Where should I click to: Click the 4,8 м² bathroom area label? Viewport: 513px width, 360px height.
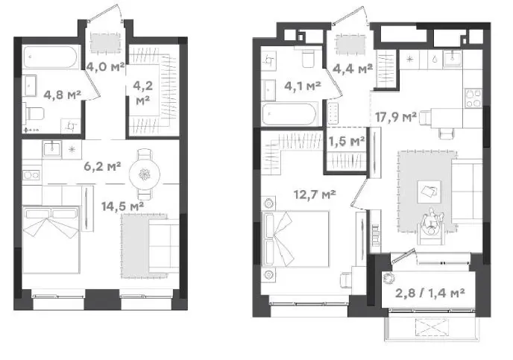pyautogui.click(x=62, y=95)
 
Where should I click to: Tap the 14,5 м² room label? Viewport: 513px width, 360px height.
pyautogui.click(x=123, y=206)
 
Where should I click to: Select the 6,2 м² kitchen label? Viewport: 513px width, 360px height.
pyautogui.click(x=102, y=166)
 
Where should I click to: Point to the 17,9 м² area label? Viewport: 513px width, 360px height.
pyautogui.click(x=395, y=117)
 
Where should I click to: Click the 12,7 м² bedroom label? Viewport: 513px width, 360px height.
pyautogui.click(x=315, y=195)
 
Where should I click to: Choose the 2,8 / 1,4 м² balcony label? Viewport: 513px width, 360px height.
pyautogui.click(x=430, y=293)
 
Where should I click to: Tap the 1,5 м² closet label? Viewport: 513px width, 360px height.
pyautogui.click(x=347, y=142)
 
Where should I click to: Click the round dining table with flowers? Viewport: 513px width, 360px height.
pyautogui.click(x=145, y=174)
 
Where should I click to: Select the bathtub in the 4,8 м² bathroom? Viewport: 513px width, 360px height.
pyautogui.click(x=51, y=57)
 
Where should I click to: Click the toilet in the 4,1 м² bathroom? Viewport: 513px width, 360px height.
pyautogui.click(x=308, y=59)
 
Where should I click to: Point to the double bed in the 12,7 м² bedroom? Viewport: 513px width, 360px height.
pyautogui.click(x=295, y=239)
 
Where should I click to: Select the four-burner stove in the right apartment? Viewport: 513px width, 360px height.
pyautogui.click(x=473, y=98)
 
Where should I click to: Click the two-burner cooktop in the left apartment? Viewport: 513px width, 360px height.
pyautogui.click(x=31, y=175)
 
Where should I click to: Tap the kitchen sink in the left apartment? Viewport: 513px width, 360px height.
pyautogui.click(x=51, y=149)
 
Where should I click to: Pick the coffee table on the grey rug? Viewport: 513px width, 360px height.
pyautogui.click(x=429, y=192)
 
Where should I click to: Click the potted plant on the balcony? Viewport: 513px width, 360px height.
pyautogui.click(x=389, y=277)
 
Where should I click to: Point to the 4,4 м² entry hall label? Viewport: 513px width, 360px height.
pyautogui.click(x=353, y=69)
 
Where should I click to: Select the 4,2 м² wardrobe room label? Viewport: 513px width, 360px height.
pyautogui.click(x=143, y=93)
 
